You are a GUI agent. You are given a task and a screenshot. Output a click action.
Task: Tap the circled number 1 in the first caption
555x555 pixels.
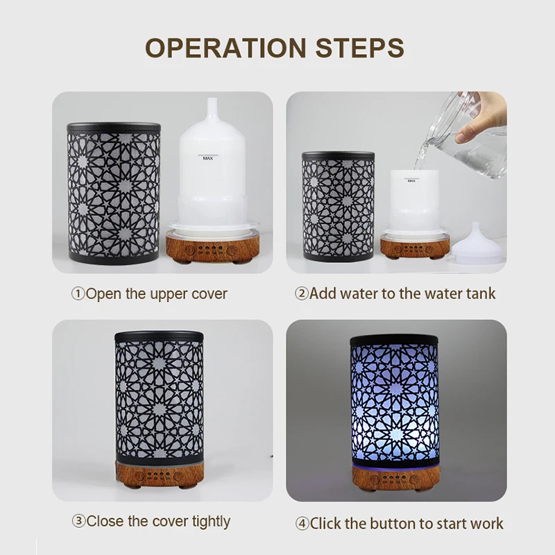pyautogui.click(x=78, y=293)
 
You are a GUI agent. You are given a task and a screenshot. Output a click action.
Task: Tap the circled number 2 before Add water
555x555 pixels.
pyautogui.click(x=301, y=293)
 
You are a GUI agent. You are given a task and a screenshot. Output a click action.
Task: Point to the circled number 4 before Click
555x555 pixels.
pyautogui.click(x=302, y=523)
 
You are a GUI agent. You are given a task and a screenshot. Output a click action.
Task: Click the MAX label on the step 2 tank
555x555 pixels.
pyautogui.click(x=411, y=181)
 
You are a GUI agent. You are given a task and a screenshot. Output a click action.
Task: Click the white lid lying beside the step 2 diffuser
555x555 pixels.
pyautogui.click(x=477, y=244)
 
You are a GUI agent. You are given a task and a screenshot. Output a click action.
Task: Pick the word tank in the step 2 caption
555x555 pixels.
pyautogui.click(x=480, y=293)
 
